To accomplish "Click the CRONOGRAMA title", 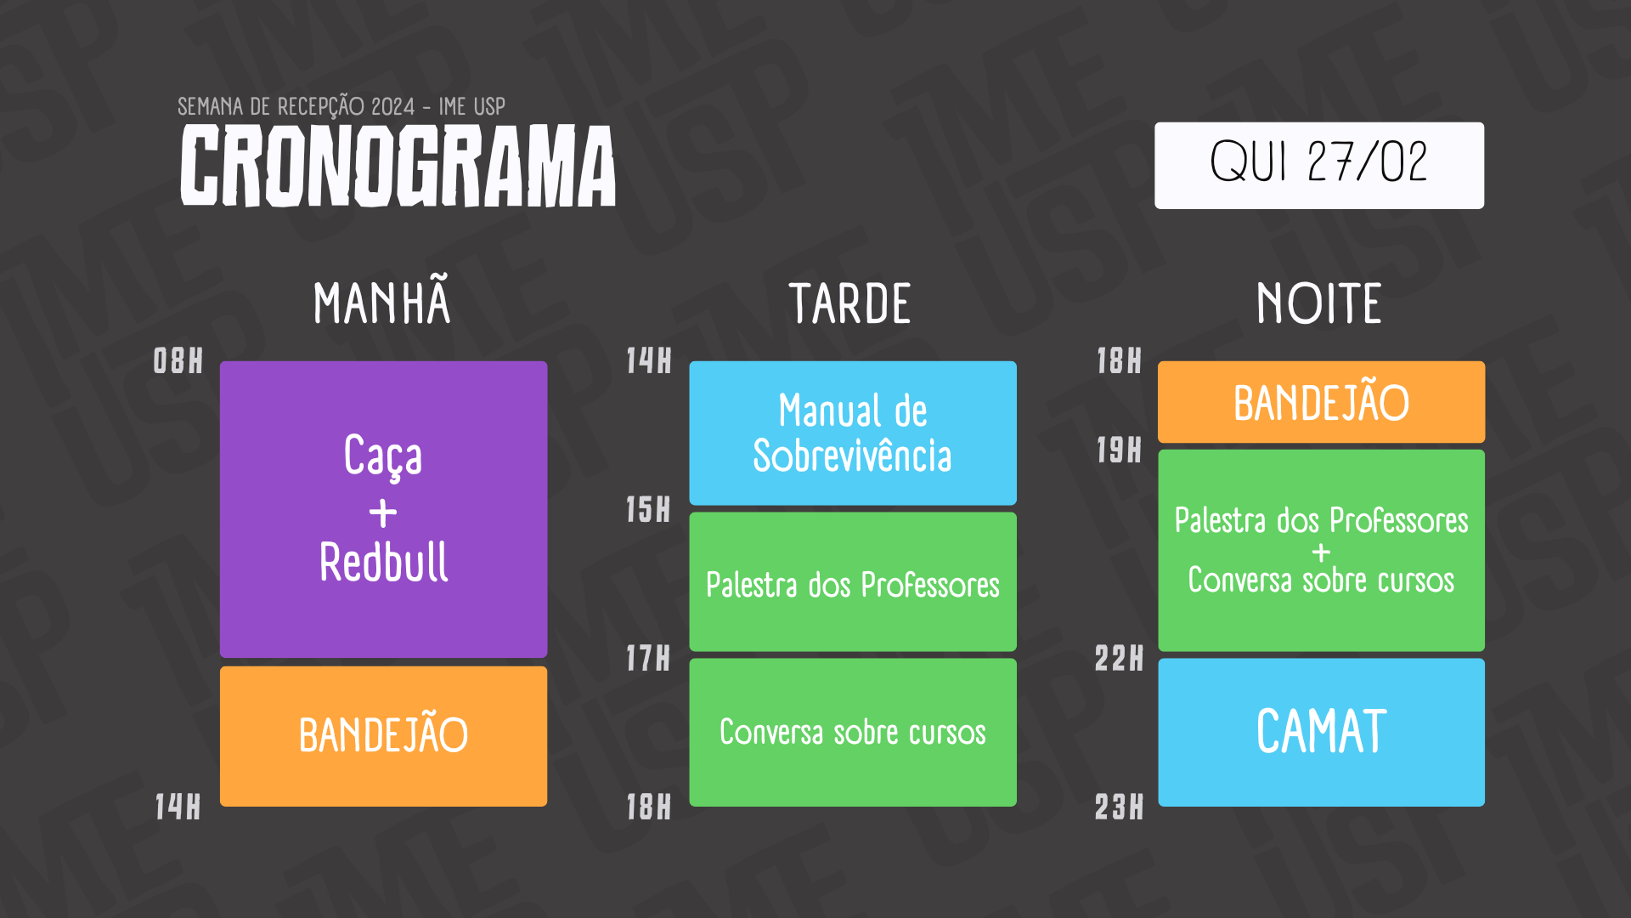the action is click(x=398, y=166).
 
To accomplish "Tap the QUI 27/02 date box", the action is click(x=1319, y=165).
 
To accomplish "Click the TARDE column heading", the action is click(x=850, y=303).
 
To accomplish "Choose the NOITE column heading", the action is click(x=1319, y=303).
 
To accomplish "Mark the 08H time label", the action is click(x=178, y=361).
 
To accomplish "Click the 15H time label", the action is click(x=648, y=510).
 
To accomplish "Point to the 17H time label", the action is click(x=648, y=659).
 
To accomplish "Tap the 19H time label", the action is click(x=1119, y=450).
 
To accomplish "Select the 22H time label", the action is click(x=1119, y=659).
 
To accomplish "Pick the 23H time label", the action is click(x=1119, y=807).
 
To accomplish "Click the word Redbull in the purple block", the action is click(x=384, y=562).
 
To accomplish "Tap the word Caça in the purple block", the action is click(x=383, y=456).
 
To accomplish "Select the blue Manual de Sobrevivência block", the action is click(x=853, y=433).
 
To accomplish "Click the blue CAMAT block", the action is click(x=1322, y=733).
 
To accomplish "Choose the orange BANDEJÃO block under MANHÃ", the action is click(x=384, y=736).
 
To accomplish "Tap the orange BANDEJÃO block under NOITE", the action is click(x=1322, y=402).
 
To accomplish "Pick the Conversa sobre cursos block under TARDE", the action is click(x=853, y=733).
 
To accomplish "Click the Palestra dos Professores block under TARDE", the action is click(x=853, y=582).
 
